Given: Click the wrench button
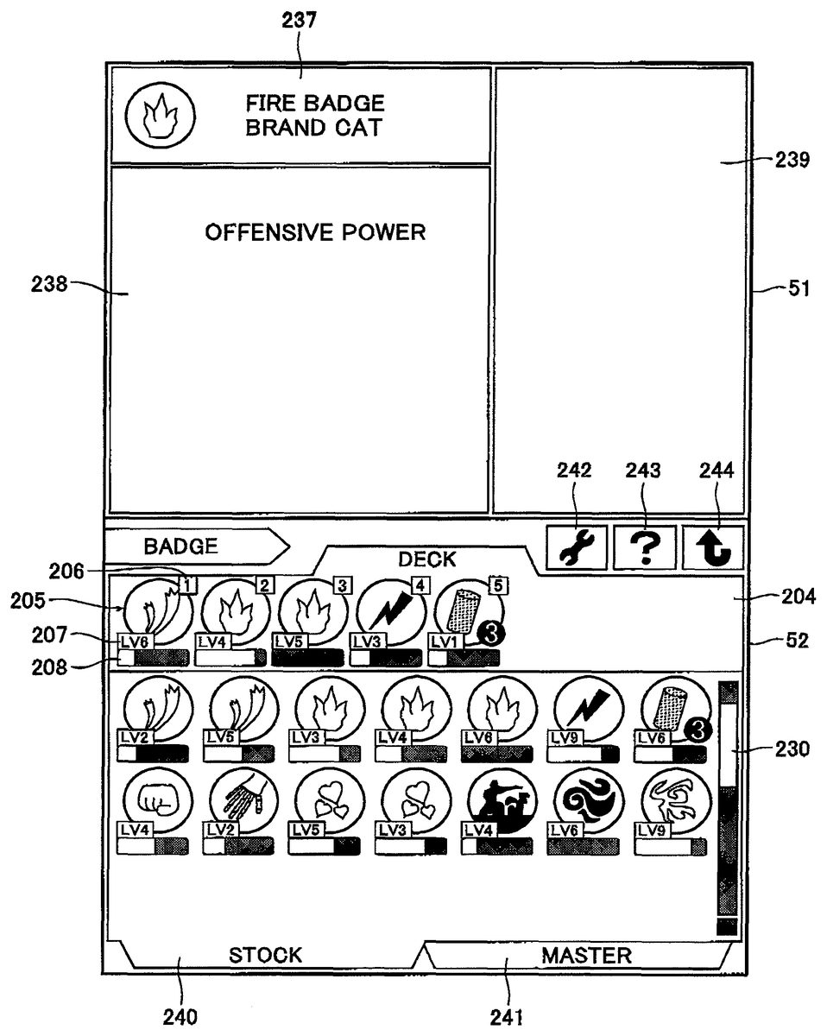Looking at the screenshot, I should coord(576,546).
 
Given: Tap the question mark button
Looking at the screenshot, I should coord(644,547).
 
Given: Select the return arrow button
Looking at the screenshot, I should coord(713,547).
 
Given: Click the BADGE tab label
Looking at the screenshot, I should coord(181,546).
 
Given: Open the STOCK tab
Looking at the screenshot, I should coord(265,955).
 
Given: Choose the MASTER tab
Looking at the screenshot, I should coord(586,955).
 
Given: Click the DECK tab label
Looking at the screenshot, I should coord(426,559).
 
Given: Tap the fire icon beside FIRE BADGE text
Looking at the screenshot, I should coord(160,116).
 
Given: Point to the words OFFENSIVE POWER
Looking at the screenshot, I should coord(315,232).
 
